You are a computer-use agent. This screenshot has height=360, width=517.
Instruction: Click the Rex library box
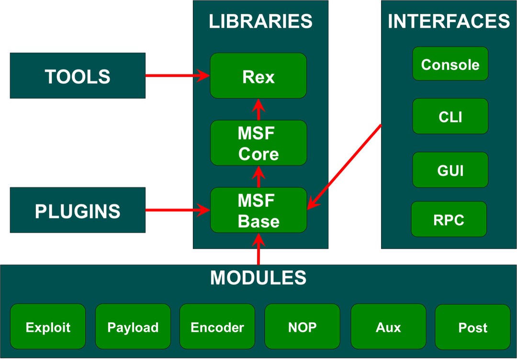[x=258, y=76]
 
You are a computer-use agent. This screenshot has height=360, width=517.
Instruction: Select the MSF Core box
[x=258, y=143]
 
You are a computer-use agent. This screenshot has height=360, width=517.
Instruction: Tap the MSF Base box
[x=258, y=210]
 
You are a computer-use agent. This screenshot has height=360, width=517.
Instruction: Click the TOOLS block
[x=78, y=76]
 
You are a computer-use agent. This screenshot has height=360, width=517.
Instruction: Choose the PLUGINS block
[x=78, y=210]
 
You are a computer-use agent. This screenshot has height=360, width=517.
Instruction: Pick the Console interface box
[x=450, y=64]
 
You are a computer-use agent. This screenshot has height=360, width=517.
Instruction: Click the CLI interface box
[x=450, y=116]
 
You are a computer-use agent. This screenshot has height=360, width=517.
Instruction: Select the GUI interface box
[x=450, y=170]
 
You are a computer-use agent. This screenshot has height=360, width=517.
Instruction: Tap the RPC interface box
[x=449, y=219]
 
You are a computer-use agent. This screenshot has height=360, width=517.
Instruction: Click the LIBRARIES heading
[x=260, y=22]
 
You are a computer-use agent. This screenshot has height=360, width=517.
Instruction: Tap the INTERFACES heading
[x=449, y=22]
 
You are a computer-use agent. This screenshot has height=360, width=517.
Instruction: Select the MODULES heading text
[x=258, y=278]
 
